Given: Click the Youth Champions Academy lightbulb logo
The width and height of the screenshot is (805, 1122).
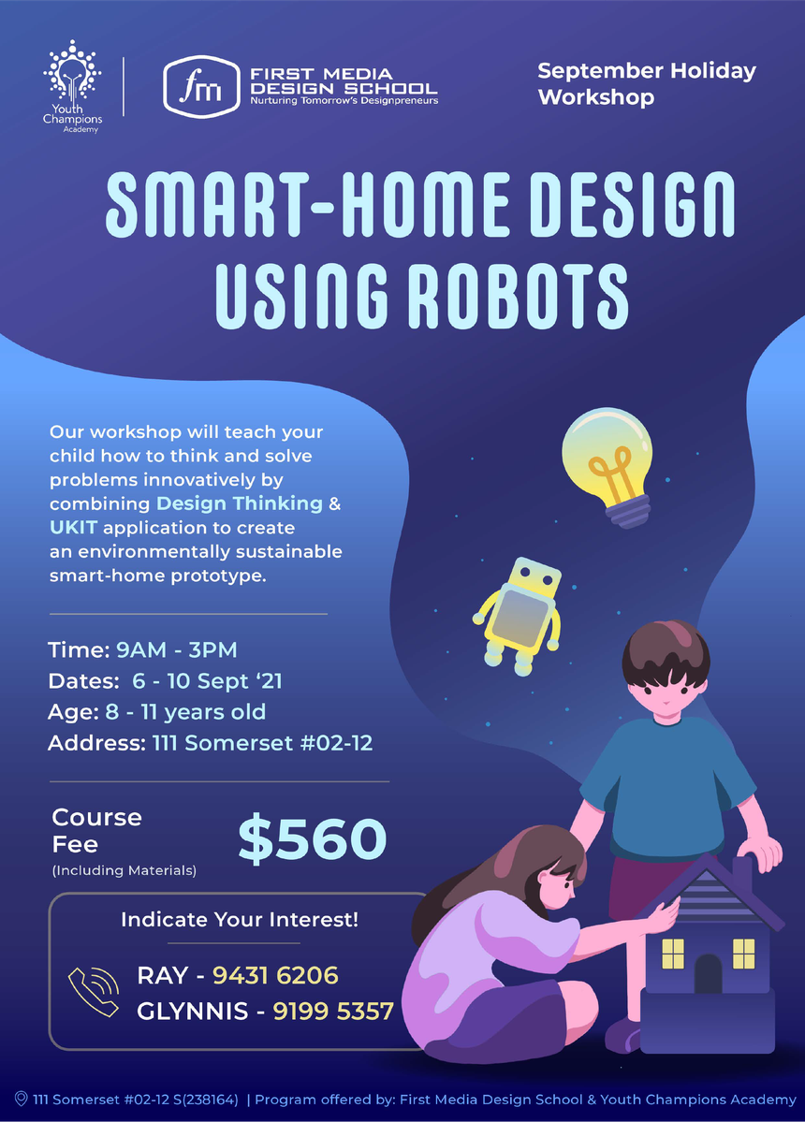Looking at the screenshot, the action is click(x=72, y=87).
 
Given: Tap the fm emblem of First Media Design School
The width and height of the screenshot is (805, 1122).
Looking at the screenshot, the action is click(x=201, y=87).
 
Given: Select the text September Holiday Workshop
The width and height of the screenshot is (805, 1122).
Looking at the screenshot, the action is click(x=647, y=83).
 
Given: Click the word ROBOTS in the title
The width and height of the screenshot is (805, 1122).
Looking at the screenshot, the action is click(x=518, y=296).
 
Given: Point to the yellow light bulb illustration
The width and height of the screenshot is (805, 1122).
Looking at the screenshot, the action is click(x=608, y=466).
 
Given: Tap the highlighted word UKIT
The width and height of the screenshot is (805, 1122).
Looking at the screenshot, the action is click(x=74, y=528).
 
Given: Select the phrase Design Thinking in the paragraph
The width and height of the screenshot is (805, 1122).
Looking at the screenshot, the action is click(x=240, y=503).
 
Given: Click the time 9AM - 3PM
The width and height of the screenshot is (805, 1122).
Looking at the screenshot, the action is click(x=177, y=649).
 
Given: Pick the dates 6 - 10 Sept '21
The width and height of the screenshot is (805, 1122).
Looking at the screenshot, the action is click(x=207, y=680).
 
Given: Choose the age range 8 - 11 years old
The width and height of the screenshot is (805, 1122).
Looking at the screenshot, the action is click(x=185, y=712).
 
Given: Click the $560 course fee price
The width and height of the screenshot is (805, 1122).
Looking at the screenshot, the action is click(x=313, y=838).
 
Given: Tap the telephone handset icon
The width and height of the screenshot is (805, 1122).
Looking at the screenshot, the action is click(x=94, y=991).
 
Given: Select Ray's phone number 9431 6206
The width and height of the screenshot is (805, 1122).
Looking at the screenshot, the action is click(x=275, y=975).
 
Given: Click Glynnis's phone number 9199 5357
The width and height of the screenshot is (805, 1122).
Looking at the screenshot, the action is click(x=333, y=1011).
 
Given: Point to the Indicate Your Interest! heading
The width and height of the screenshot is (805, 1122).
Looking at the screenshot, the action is click(x=240, y=920).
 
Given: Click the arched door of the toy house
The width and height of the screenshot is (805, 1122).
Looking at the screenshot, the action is click(x=709, y=973).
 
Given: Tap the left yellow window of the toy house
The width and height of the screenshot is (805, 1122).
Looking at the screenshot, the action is click(x=673, y=954).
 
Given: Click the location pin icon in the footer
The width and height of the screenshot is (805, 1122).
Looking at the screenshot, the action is click(x=21, y=1099).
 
